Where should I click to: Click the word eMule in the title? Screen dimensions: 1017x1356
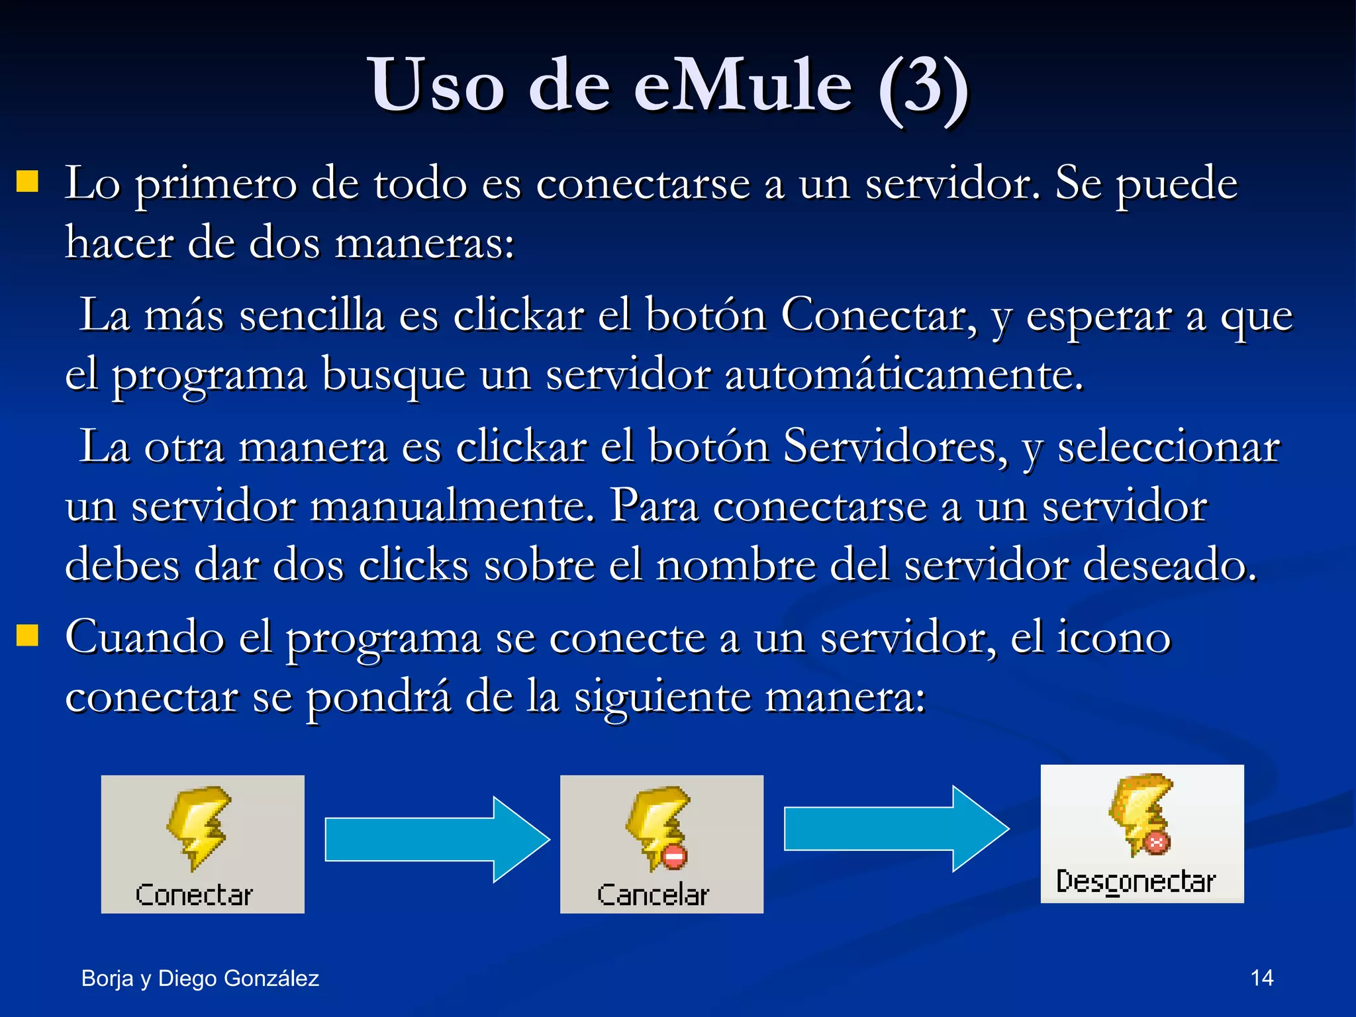click(x=743, y=86)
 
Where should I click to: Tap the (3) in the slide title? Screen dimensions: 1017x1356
click(x=923, y=87)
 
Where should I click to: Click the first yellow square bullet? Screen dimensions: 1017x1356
click(x=27, y=181)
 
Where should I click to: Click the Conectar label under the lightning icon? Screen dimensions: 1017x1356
click(x=194, y=895)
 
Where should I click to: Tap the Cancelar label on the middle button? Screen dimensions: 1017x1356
click(x=653, y=895)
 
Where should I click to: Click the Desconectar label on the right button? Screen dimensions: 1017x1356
click(x=1136, y=882)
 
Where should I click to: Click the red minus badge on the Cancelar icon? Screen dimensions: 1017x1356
click(x=674, y=857)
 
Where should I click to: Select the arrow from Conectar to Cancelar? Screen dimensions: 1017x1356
click(x=437, y=840)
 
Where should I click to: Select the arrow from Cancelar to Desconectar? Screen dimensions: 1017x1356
click(x=895, y=828)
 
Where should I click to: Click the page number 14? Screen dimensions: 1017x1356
click(x=1261, y=978)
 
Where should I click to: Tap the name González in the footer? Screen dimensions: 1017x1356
click(x=271, y=979)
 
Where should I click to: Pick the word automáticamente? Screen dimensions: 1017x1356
click(x=904, y=375)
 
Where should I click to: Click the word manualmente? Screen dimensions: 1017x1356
click(x=452, y=507)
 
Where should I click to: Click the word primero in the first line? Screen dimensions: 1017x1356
click(x=216, y=184)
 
